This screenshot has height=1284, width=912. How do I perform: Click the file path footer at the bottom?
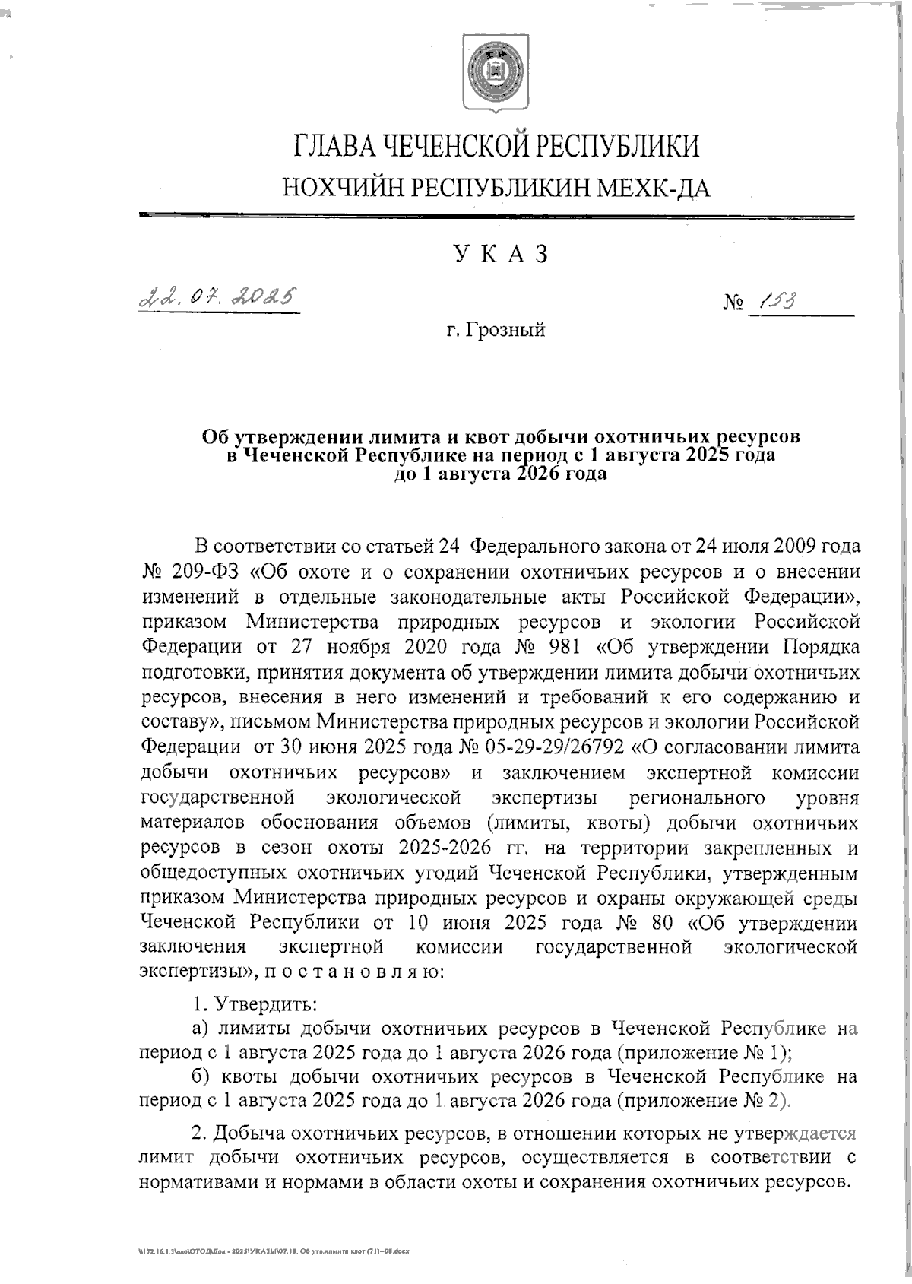click(x=271, y=1250)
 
